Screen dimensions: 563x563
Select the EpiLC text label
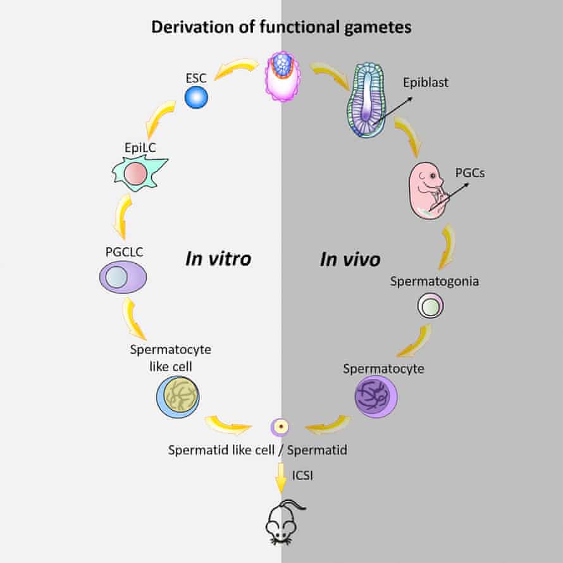(x=140, y=148)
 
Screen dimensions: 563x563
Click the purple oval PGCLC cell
(x=123, y=278)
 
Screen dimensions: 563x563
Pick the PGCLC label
(x=125, y=252)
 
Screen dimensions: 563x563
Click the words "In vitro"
(x=218, y=259)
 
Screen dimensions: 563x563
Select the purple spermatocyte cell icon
(x=376, y=396)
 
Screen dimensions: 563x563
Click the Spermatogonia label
(x=433, y=281)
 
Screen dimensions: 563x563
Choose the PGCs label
(x=469, y=171)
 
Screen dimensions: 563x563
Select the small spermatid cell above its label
(x=280, y=428)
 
